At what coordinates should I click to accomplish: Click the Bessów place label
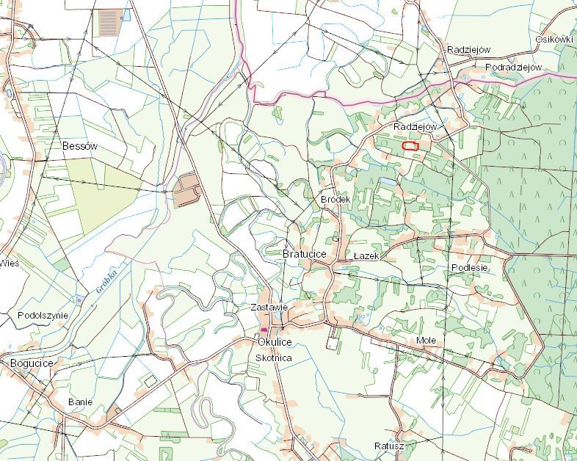tap(79, 146)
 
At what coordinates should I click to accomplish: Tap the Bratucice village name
tap(304, 254)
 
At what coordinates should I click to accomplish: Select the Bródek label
tap(335, 200)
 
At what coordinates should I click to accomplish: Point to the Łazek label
tap(365, 255)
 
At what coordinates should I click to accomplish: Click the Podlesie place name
tap(469, 268)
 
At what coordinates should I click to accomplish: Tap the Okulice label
tap(275, 342)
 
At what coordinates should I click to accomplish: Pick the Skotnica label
tap(273, 357)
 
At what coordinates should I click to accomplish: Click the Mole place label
tap(426, 341)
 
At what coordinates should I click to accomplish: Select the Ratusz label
tap(388, 446)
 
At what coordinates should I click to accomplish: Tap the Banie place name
tap(80, 402)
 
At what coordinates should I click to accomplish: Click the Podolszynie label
tap(43, 315)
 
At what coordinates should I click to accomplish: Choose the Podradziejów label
tap(513, 68)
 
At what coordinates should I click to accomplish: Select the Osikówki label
tap(554, 39)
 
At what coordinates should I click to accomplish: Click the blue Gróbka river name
tap(106, 280)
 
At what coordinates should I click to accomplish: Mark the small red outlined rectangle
tap(410, 146)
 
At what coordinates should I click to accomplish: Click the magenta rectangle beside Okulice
tap(264, 330)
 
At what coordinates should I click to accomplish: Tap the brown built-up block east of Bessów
tap(186, 191)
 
